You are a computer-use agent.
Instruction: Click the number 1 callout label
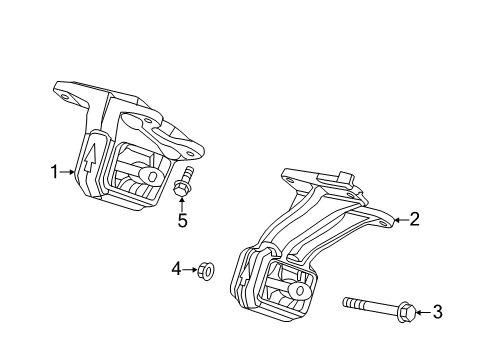(x=56, y=171)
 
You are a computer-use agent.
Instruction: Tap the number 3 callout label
(x=436, y=312)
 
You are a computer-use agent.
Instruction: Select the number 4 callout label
(x=176, y=268)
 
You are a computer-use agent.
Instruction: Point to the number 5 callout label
(x=182, y=221)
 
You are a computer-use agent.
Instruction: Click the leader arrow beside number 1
(x=70, y=171)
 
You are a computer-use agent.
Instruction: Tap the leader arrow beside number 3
(x=421, y=312)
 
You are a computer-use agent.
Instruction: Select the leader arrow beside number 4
(x=190, y=268)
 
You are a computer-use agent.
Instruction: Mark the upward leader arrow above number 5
(x=182, y=204)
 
